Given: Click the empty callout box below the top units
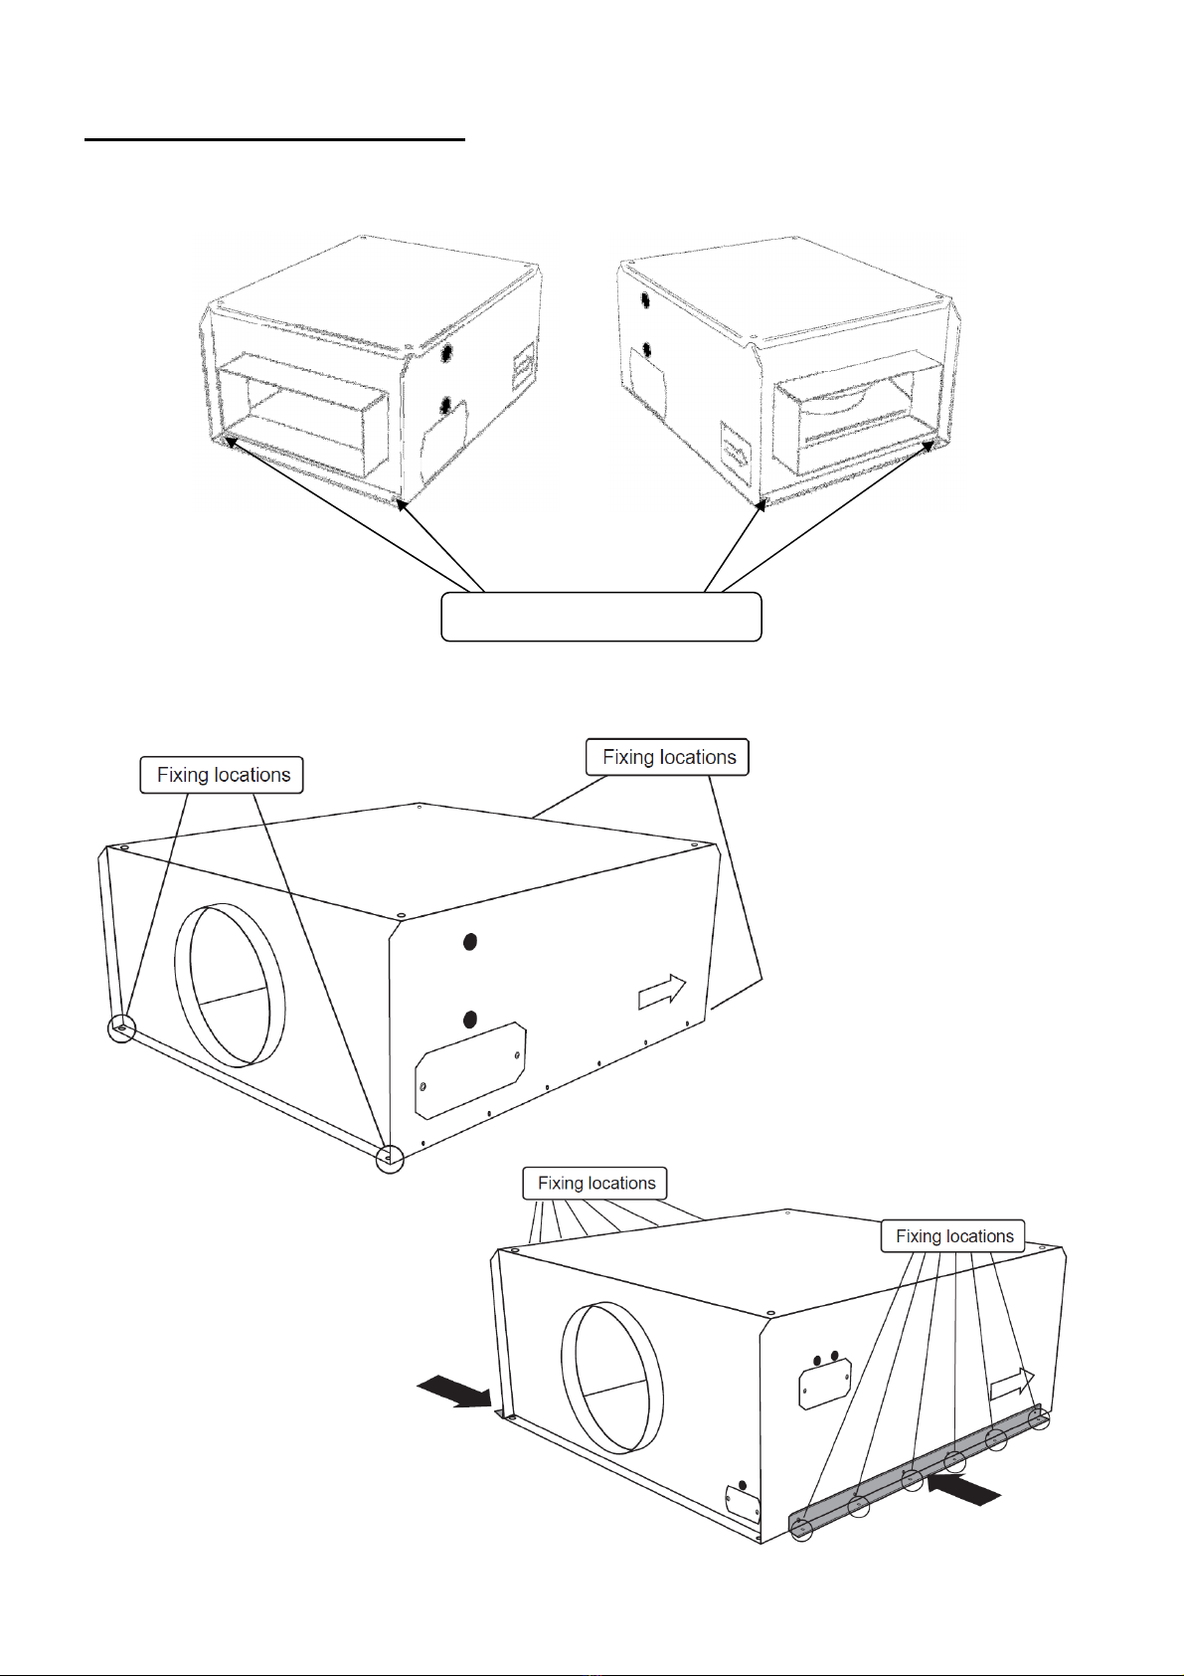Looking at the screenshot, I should [x=600, y=617].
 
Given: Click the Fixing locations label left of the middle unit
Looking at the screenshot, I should [x=222, y=775].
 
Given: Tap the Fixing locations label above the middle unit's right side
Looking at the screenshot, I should [x=667, y=757].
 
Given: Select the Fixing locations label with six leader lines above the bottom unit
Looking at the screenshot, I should [x=595, y=1183].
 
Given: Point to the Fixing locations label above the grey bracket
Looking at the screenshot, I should [x=952, y=1235].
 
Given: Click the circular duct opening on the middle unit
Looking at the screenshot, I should [x=230, y=985].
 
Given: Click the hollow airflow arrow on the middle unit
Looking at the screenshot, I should [x=661, y=991].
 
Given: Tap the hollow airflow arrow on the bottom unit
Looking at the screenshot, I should [x=1012, y=1384].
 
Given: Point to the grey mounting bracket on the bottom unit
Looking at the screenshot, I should [x=915, y=1473].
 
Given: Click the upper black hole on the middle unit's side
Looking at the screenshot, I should [x=470, y=941].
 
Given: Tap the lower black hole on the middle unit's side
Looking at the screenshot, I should [x=470, y=1019].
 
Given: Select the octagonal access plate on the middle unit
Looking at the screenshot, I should [x=469, y=1068].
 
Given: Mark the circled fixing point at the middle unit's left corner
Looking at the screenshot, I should [x=121, y=1027].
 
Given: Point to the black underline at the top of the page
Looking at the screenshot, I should [x=274, y=140].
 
